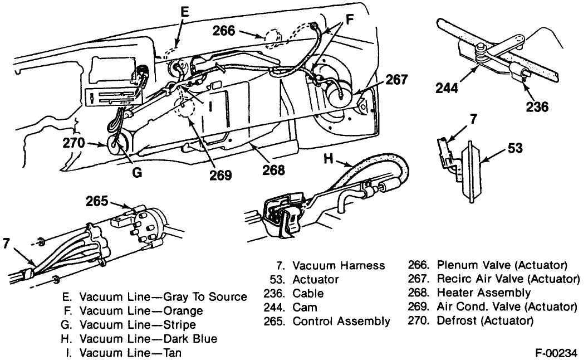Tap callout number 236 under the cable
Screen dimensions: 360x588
[x=537, y=107]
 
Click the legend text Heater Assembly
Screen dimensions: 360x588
[x=484, y=293]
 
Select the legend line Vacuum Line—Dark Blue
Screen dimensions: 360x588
[x=148, y=338]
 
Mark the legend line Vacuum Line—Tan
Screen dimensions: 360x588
[x=130, y=353]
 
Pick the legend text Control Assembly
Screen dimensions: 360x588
[x=341, y=321]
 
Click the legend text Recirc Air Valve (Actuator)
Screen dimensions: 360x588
[x=508, y=278]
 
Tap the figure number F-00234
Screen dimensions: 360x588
[x=556, y=352]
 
